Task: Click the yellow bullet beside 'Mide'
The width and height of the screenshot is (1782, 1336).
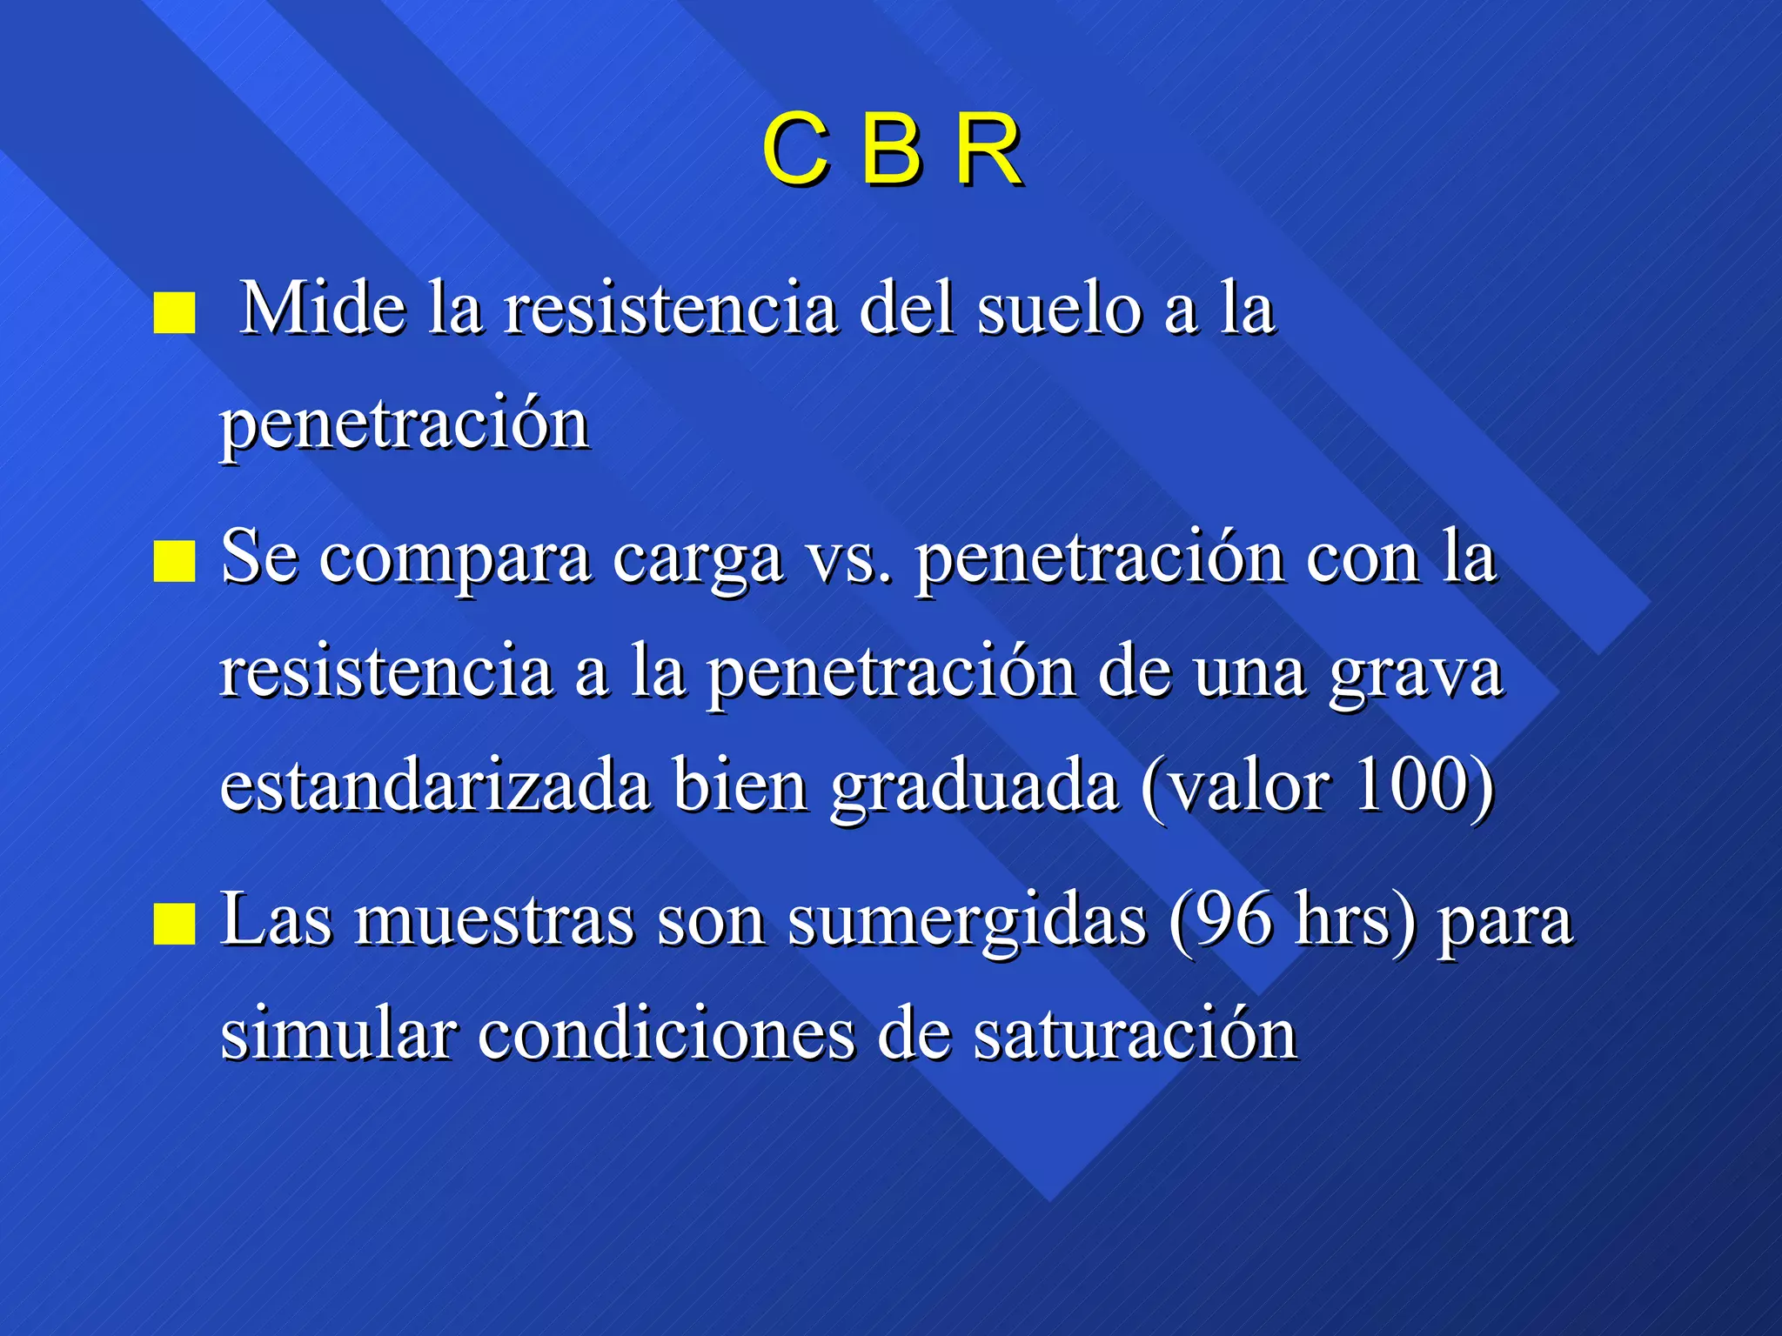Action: (x=174, y=312)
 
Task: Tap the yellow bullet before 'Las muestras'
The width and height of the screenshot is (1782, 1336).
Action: (x=174, y=924)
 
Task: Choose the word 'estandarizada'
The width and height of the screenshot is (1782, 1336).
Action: (x=435, y=787)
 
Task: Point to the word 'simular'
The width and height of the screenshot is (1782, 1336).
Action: (x=338, y=1035)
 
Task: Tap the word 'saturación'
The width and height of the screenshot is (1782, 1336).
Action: (x=1135, y=1035)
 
